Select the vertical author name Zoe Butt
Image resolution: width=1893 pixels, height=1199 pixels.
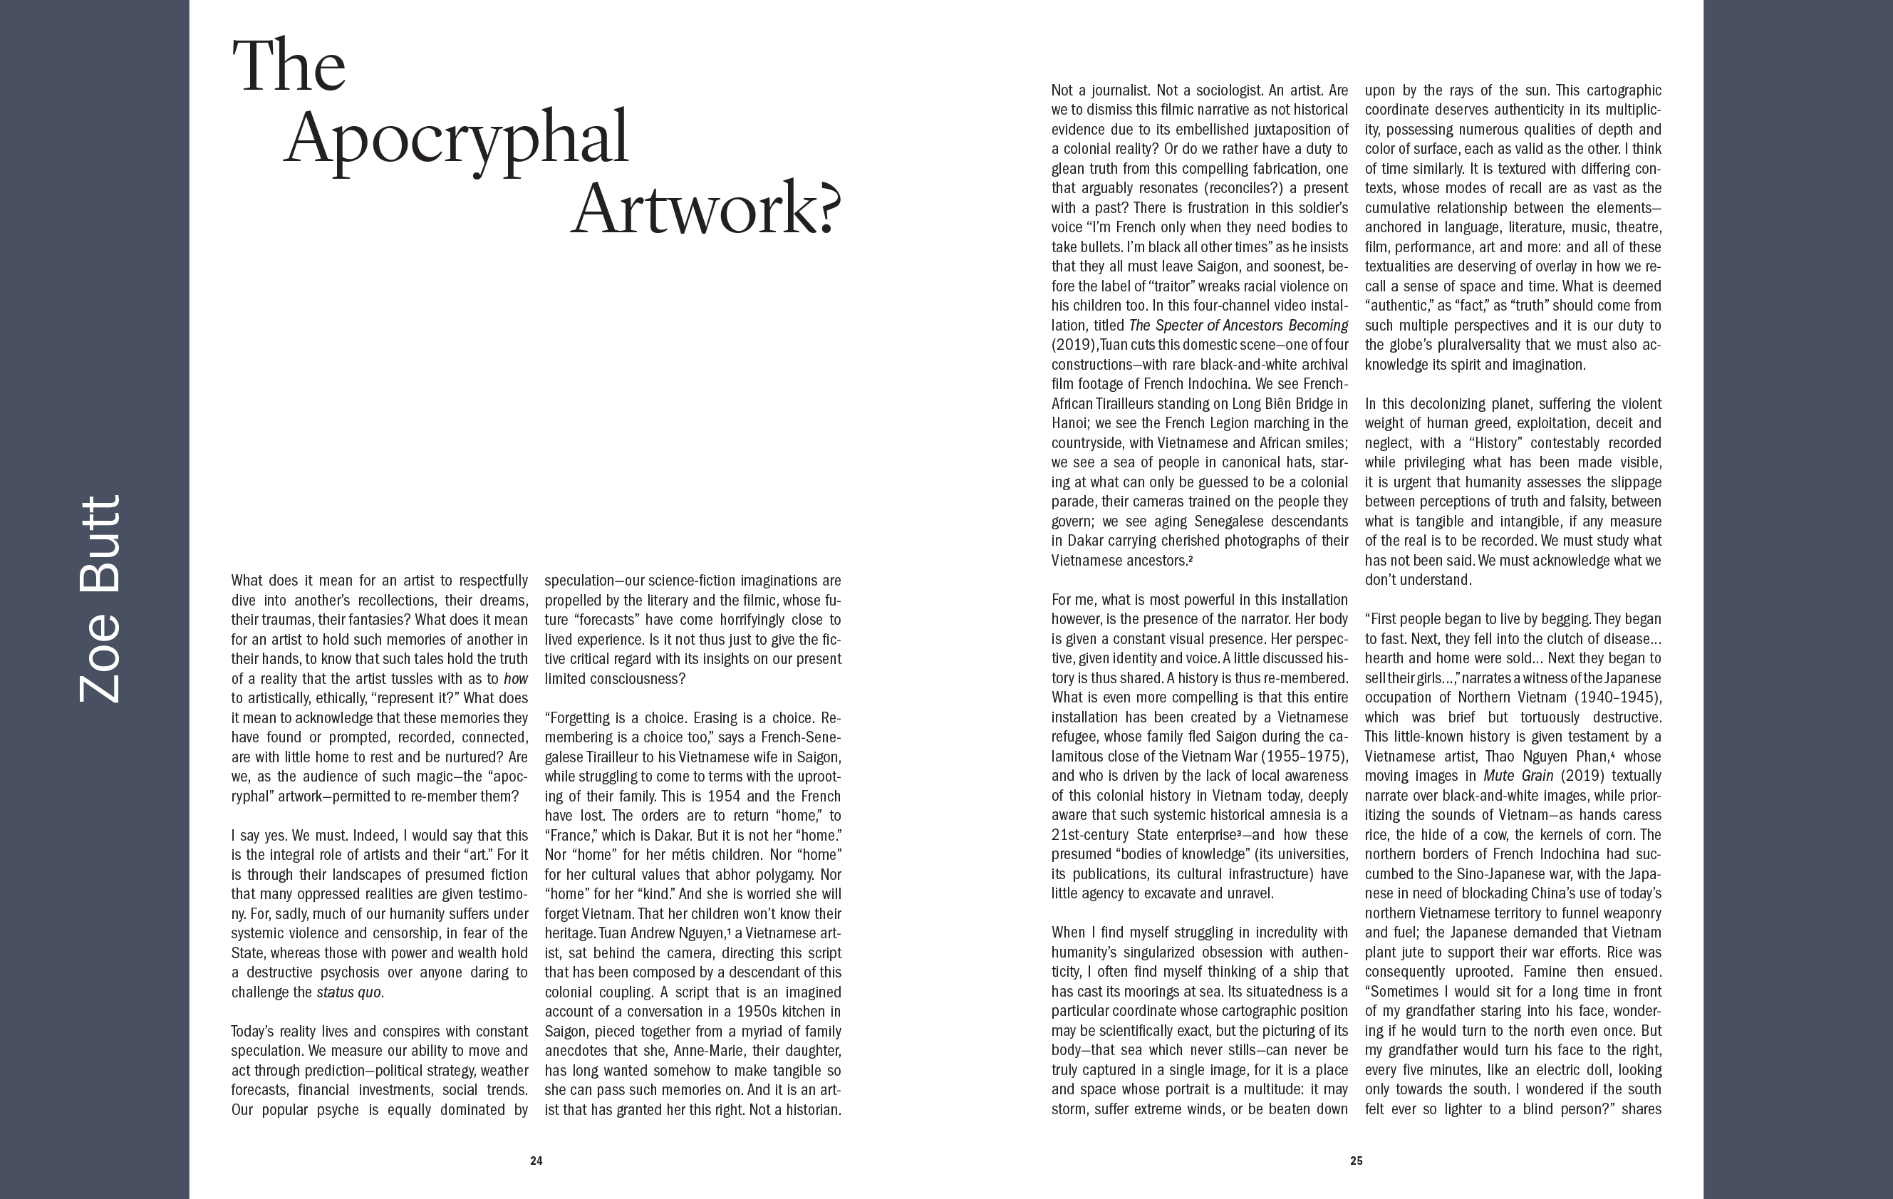[x=100, y=599]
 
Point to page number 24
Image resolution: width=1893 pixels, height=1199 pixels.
[x=536, y=1161]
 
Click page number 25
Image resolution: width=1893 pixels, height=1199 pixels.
[x=1356, y=1161]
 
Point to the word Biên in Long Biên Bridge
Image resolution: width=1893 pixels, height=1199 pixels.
[x=1278, y=404]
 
